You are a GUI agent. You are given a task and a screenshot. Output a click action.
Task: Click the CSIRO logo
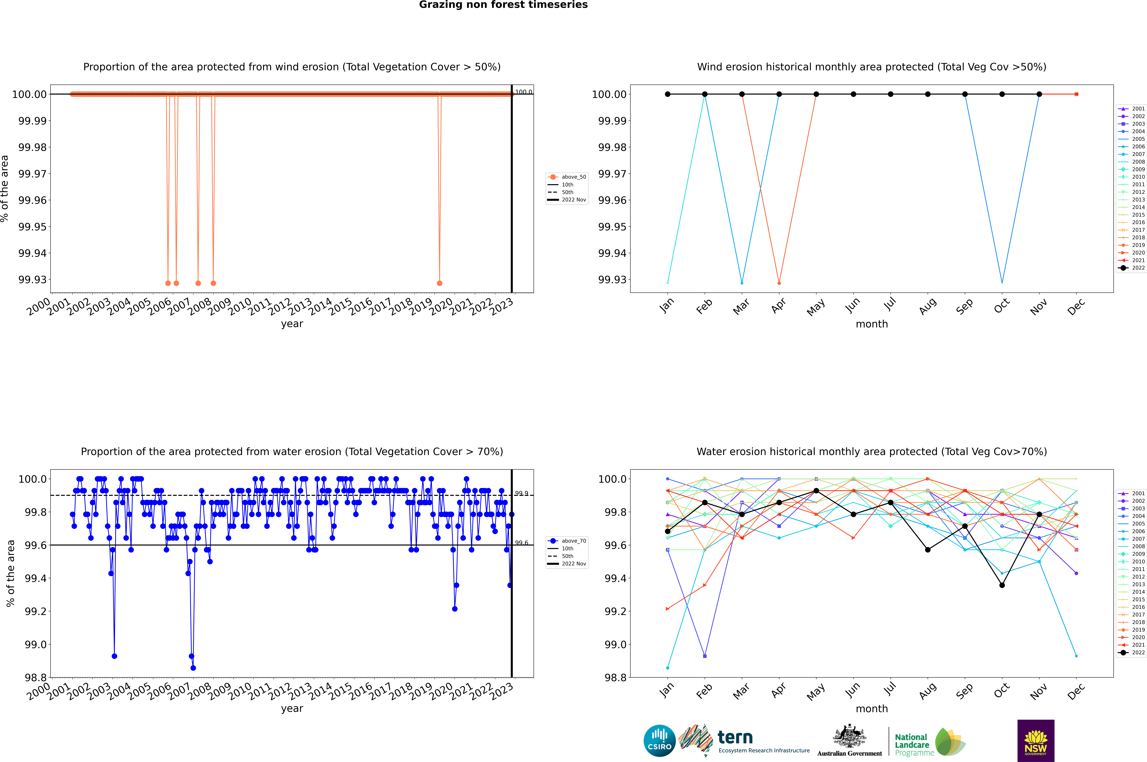659,741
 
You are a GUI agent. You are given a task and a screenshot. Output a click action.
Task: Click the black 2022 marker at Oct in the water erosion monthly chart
1002,585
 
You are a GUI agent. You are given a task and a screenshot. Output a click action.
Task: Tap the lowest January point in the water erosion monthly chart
668,668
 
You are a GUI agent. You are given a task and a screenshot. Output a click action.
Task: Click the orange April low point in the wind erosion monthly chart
779,283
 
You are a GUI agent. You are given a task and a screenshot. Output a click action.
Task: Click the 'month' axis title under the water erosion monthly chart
871,709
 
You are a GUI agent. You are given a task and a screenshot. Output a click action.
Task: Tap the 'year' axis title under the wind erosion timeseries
292,324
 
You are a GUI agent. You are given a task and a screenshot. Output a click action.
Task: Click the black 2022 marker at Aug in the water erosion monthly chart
928,550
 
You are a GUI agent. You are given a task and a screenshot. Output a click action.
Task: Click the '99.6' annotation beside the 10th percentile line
521,543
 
